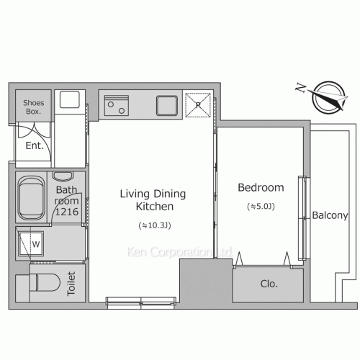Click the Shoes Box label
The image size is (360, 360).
[x=34, y=107]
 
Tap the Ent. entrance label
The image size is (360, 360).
[x=35, y=145]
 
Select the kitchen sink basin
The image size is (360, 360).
[x=167, y=106]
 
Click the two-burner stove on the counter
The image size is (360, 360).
[x=117, y=106]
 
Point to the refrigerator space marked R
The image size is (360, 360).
[x=198, y=105]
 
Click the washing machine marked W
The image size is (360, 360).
[x=31, y=244]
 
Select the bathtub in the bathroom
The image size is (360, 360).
[x=32, y=198]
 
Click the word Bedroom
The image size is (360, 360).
[x=261, y=187]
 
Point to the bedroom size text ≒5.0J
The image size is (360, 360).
[x=261, y=207]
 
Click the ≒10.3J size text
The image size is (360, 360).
[x=155, y=225]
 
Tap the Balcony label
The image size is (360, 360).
[x=330, y=215]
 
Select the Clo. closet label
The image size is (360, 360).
[x=269, y=284]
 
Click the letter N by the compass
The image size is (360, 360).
[x=301, y=87]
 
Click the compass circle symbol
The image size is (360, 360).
[x=329, y=97]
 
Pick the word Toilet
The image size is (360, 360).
[x=71, y=284]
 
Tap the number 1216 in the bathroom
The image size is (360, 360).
[x=67, y=212]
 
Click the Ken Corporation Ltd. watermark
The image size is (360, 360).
[x=179, y=252]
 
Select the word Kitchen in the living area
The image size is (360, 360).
[x=155, y=207]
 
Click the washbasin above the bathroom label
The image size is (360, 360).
[x=63, y=176]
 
